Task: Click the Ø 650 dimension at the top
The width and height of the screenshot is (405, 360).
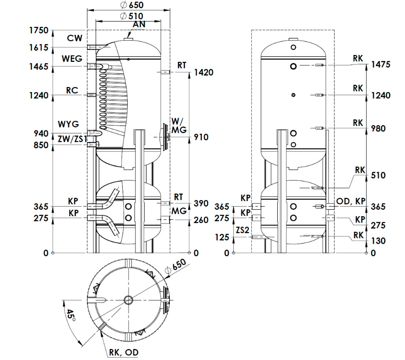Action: (x=132, y=5)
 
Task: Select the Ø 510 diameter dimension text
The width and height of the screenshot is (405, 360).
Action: (x=132, y=16)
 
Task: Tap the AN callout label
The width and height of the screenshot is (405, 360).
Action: (x=139, y=24)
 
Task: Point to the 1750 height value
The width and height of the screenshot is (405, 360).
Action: (x=39, y=30)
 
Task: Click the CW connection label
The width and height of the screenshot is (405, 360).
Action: (x=75, y=38)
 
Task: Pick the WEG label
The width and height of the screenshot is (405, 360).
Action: (x=72, y=59)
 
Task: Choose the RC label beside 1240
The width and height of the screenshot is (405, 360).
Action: (x=72, y=90)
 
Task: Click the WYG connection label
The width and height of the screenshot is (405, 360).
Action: (x=69, y=124)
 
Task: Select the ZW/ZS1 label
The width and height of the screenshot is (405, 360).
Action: (x=72, y=139)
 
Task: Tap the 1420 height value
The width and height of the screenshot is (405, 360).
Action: (x=204, y=72)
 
